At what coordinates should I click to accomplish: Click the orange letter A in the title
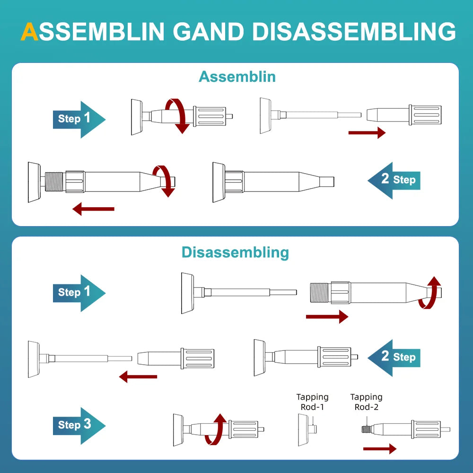pos(30,31)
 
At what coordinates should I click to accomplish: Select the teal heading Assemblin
pos(237,77)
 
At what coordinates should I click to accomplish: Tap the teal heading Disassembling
pos(235,252)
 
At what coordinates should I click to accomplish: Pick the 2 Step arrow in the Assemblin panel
pos(394,180)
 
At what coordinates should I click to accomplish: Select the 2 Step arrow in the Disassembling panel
pos(394,357)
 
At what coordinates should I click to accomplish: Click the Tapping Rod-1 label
pos(312,402)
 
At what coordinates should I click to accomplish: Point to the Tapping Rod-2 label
pos(367,402)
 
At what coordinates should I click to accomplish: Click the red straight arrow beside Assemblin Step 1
pos(367,133)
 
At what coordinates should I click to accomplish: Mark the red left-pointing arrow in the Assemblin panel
pos(94,208)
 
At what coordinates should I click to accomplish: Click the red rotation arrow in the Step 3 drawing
pos(216,429)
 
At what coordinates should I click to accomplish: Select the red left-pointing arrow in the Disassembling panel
pos(138,377)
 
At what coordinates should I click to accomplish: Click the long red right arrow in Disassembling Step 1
pos(327,317)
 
